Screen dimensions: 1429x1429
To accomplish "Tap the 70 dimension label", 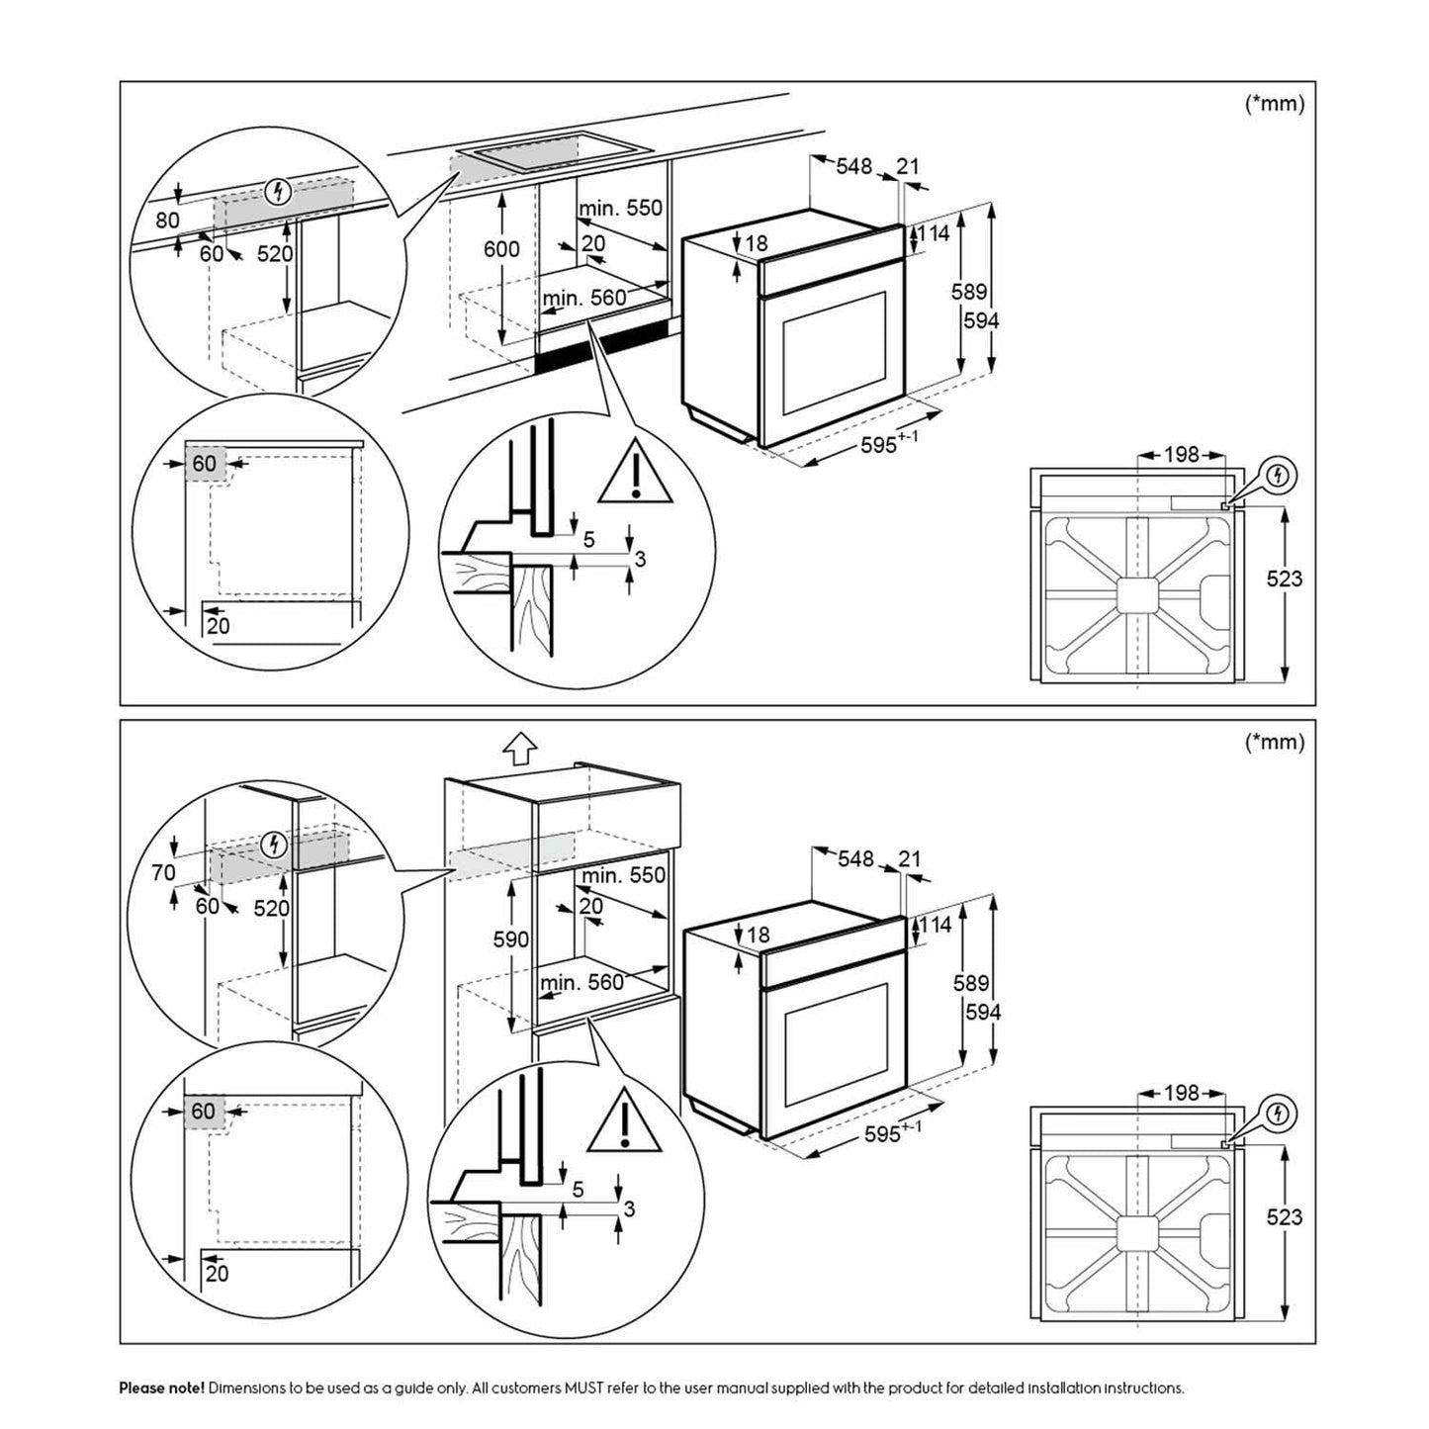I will [x=163, y=872].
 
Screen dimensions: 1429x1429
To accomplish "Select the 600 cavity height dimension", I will [x=501, y=249].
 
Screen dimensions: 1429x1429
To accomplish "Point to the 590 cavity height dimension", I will [x=510, y=938].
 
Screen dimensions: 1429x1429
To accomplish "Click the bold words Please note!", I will [x=162, y=1387].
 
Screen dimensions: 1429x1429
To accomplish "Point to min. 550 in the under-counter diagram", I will [x=620, y=209].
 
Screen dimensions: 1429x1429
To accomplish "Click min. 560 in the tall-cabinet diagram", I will [x=582, y=981].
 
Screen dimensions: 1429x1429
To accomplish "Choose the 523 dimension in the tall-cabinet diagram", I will [x=1284, y=1216].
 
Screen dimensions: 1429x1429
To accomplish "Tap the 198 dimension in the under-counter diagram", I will [x=1181, y=454].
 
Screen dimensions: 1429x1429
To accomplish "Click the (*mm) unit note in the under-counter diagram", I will [x=1275, y=104].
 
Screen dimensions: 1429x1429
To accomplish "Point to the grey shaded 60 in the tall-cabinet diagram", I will [x=204, y=1112].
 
